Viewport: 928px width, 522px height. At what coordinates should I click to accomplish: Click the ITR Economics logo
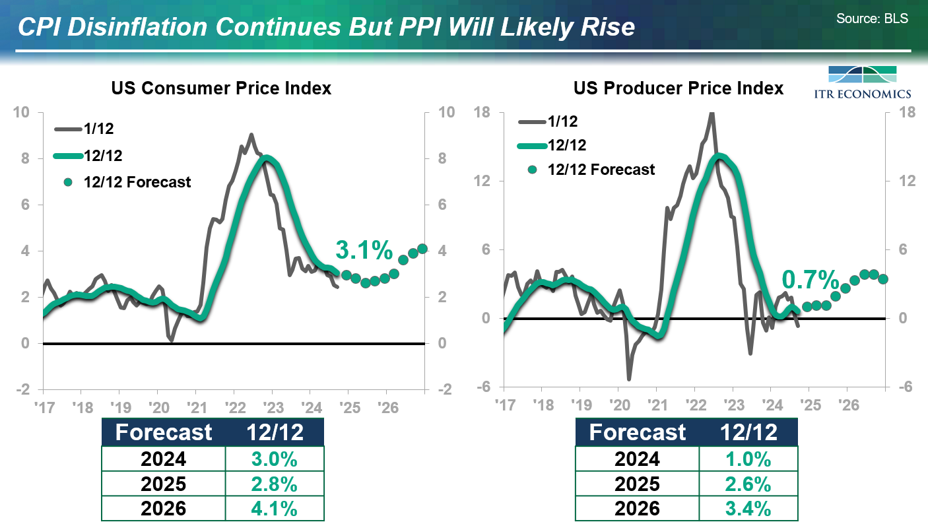pos(869,82)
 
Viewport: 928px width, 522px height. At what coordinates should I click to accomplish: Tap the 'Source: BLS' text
pos(872,18)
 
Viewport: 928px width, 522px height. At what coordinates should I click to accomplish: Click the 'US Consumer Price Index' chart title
pos(221,88)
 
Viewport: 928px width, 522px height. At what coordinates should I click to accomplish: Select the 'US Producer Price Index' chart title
pos(679,88)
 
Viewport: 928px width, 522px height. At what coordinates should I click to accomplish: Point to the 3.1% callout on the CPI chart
pos(364,250)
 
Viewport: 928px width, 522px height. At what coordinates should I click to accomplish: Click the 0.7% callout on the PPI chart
pos(810,280)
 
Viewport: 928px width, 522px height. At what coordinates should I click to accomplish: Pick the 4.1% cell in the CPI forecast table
pos(275,509)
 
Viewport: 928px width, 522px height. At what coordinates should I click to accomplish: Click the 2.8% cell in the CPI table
pos(275,484)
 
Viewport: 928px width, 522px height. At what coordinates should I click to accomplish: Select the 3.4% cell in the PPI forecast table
pos(748,509)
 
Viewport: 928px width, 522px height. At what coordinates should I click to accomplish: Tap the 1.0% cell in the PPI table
pos(748,459)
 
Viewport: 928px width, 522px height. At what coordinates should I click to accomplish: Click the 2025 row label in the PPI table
pos(637,484)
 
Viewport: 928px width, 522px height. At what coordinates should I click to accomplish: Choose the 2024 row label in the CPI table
pos(164,459)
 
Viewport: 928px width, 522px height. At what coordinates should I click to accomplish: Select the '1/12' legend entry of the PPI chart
pos(562,121)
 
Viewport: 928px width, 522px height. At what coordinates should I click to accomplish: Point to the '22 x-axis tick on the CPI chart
pos(234,405)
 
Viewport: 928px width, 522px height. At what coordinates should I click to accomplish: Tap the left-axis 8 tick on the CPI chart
pos(24,158)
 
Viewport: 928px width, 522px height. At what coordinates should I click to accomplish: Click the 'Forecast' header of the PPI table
pos(637,432)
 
